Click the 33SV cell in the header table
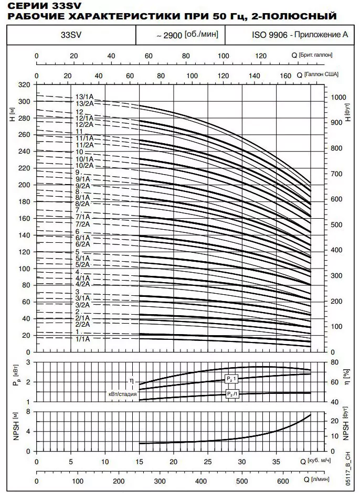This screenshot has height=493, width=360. pos(71,35)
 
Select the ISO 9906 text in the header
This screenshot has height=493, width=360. pos(269,35)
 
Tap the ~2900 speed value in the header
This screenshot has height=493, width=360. pos(170,35)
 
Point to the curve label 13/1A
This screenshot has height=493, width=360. pos(84,97)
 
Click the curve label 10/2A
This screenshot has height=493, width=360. pos(84,165)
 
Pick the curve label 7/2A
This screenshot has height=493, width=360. pos(82,224)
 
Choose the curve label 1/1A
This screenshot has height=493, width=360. pos(82,339)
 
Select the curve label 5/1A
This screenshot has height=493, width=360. pos(82,259)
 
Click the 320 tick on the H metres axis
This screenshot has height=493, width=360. pos(24,85)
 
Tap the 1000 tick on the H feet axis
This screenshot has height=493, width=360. pos(338,97)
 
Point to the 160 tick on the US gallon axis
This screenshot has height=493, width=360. pos(285,76)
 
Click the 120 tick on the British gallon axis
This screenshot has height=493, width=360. pos(261,56)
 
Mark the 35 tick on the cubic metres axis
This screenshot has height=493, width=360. pos(276,462)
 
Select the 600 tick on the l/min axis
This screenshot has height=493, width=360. pos(283,481)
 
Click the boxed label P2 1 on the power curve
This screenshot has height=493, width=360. pos(231,379)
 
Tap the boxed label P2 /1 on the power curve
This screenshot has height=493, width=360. pos(232,393)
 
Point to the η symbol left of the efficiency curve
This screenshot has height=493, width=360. pos(132,381)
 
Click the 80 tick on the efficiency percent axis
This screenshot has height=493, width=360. pos(335,362)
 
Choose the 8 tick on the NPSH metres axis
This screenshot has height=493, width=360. pos(28,412)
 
